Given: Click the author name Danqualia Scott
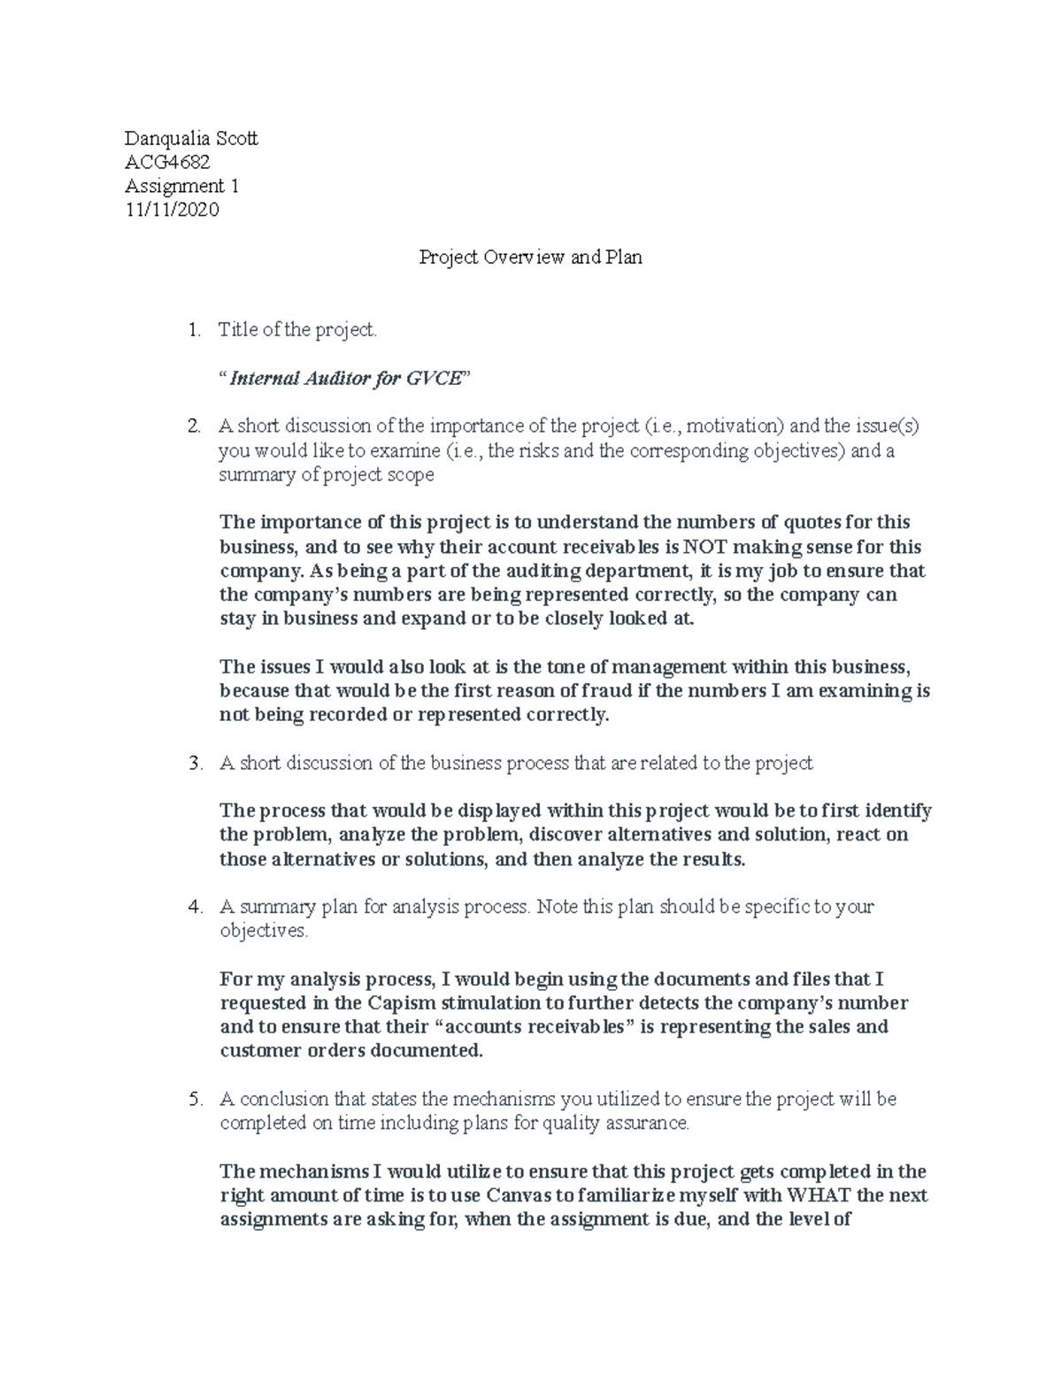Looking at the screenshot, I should [191, 138].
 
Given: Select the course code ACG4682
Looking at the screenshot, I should [167, 162].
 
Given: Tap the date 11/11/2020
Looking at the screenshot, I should [172, 210].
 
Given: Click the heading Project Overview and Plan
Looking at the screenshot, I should [530, 257].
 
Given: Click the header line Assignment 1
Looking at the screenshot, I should [181, 186].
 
